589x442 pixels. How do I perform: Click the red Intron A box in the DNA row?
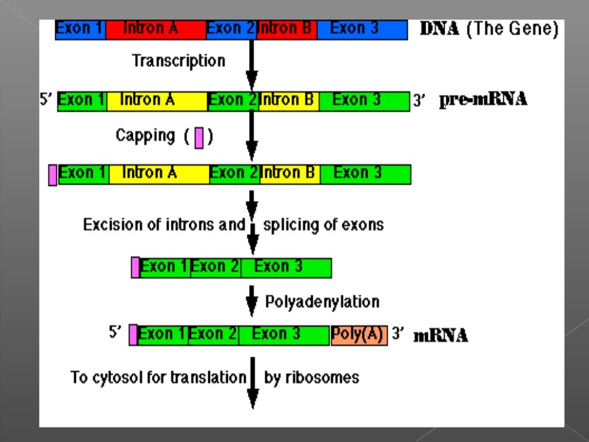(x=155, y=29)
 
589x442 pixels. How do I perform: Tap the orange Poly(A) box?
(x=359, y=335)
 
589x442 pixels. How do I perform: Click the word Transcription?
(x=178, y=60)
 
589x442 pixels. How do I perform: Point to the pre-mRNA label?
(x=483, y=100)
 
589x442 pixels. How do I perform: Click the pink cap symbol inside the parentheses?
(x=199, y=138)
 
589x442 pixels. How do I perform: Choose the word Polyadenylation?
(x=322, y=302)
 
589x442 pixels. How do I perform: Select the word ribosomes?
(x=311, y=378)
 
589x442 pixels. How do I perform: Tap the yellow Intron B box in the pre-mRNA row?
(x=288, y=101)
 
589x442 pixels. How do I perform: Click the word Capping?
(x=145, y=136)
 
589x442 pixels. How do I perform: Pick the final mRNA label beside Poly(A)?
(x=441, y=335)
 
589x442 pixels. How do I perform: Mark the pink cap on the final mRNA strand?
(x=133, y=334)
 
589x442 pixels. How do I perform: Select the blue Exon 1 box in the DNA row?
(x=80, y=29)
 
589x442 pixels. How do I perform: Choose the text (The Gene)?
(x=512, y=29)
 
